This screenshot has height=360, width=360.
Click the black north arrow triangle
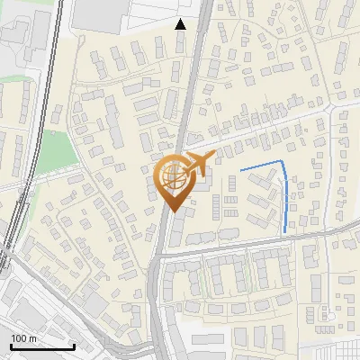181,24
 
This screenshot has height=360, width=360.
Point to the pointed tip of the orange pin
172,211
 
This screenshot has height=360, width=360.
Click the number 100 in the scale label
19,337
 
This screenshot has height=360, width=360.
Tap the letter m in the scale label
33,337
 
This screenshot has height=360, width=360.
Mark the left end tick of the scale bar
10,346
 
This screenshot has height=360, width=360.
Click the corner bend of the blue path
283,163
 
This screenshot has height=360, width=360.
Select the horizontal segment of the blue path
261,166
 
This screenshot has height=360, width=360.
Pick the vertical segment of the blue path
286,198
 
